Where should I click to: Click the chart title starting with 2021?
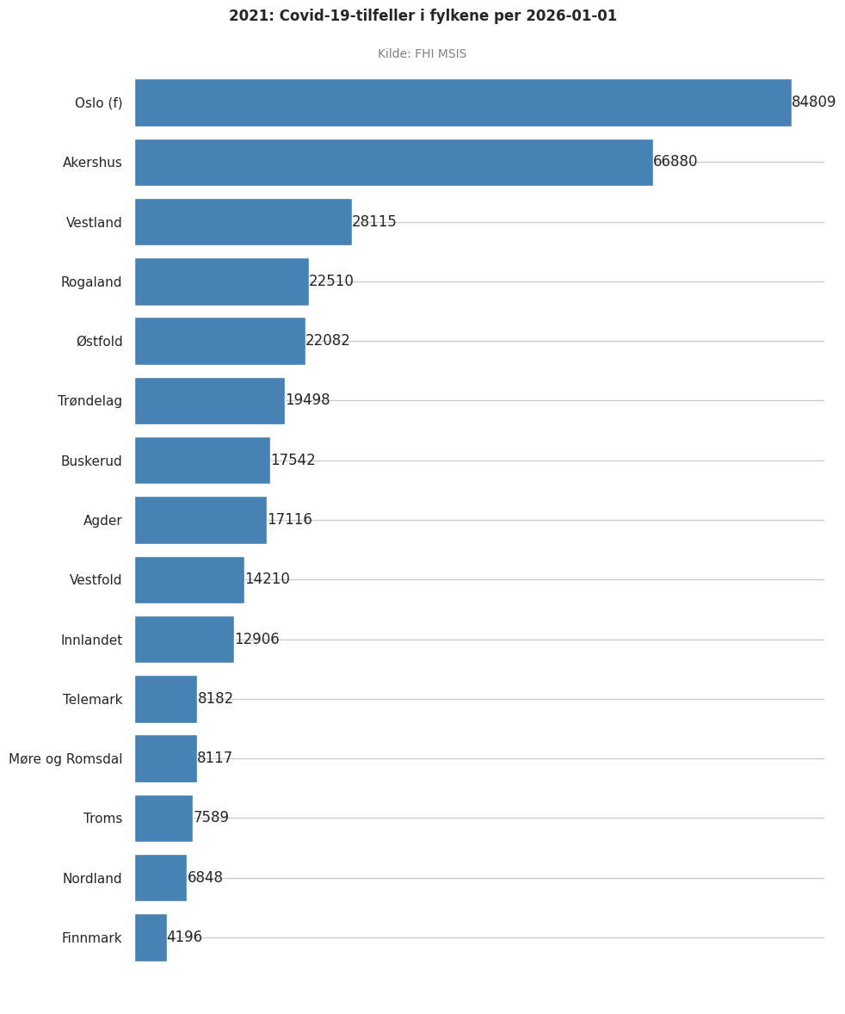tap(422, 16)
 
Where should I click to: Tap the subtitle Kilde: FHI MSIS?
tap(422, 54)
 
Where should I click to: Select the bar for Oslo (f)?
tap(462, 102)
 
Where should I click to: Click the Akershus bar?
tap(393, 163)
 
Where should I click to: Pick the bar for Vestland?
tap(243, 222)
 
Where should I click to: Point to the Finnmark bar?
tap(151, 937)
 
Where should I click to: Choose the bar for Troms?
tap(163, 818)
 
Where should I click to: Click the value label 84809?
tap(813, 102)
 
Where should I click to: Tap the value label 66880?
tap(675, 162)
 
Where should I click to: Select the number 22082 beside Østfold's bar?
tap(327, 341)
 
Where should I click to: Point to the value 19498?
tap(307, 400)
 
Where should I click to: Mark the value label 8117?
tap(214, 758)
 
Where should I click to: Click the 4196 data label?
tap(184, 937)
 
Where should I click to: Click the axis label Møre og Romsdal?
tap(65, 759)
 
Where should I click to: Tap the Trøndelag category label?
tap(89, 401)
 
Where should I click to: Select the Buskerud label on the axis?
tap(91, 461)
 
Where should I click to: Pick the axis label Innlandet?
tap(91, 640)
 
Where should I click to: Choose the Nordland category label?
tap(92, 879)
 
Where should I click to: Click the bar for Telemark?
tap(165, 699)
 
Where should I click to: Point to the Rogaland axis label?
tap(91, 282)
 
